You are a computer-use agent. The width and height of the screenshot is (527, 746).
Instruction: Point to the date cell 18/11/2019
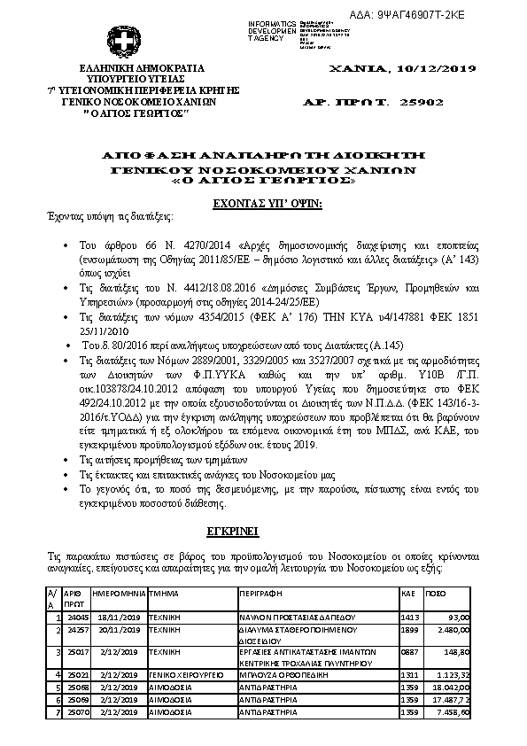[x=118, y=616]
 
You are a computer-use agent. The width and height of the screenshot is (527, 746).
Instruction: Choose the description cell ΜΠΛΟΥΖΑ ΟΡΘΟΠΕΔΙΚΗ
[x=281, y=675]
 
